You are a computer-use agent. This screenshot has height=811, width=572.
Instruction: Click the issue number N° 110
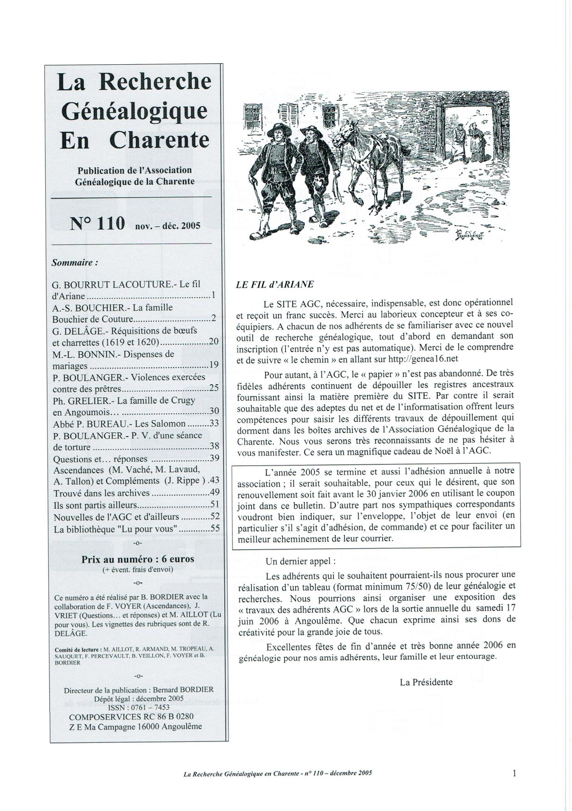(97, 224)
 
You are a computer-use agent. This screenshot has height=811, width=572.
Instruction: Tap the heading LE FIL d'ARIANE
(275, 285)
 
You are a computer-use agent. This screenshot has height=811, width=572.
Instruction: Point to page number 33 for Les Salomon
(214, 423)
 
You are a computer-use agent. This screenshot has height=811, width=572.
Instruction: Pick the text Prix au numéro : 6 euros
(138, 559)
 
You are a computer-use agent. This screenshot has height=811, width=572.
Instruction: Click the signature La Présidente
(426, 682)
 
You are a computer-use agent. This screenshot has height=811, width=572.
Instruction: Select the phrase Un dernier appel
(300, 561)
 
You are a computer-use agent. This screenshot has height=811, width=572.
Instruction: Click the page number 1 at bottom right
(514, 773)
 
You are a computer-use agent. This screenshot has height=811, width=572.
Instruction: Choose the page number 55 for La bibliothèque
(214, 529)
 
